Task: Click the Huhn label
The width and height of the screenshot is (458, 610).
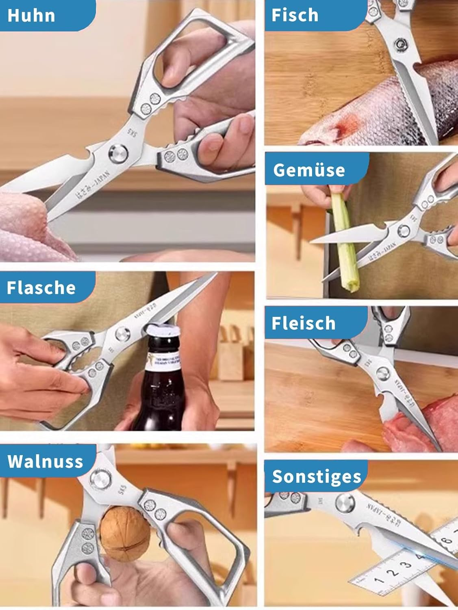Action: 31,15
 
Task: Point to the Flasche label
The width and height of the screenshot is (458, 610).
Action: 41,288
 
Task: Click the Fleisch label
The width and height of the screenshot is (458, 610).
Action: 303,323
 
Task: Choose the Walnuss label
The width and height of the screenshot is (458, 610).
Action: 45,461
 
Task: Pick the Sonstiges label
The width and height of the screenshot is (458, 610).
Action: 316,476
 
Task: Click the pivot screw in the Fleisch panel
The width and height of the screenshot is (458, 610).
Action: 383,373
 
